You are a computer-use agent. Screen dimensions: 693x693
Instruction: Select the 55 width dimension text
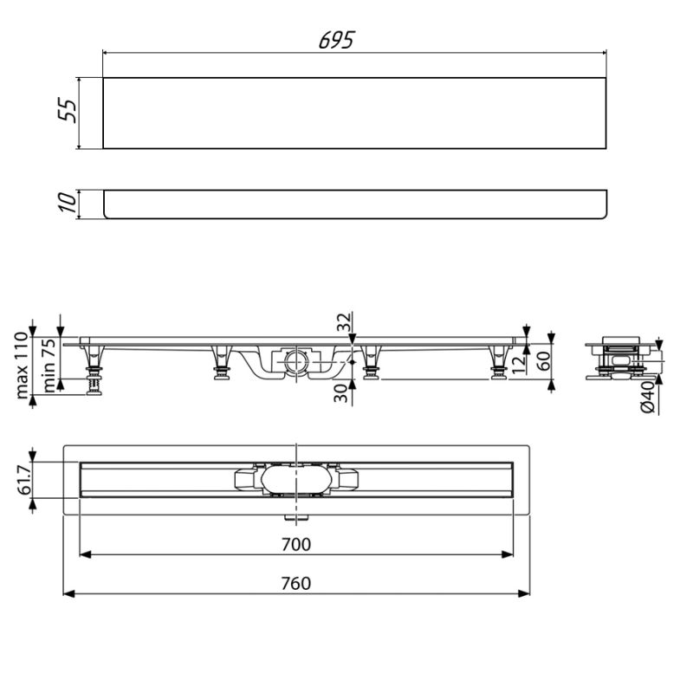69,111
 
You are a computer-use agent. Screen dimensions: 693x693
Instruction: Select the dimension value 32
344,323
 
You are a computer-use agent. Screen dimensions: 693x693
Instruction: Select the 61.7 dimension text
25,479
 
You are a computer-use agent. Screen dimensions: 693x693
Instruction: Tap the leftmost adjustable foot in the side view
91,372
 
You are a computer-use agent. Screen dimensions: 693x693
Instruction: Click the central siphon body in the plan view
295,480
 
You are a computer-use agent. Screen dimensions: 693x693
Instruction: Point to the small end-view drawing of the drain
620,359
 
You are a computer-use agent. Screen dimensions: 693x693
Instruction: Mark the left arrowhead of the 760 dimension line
69,593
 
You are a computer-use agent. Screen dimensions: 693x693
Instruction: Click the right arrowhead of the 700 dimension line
508,555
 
